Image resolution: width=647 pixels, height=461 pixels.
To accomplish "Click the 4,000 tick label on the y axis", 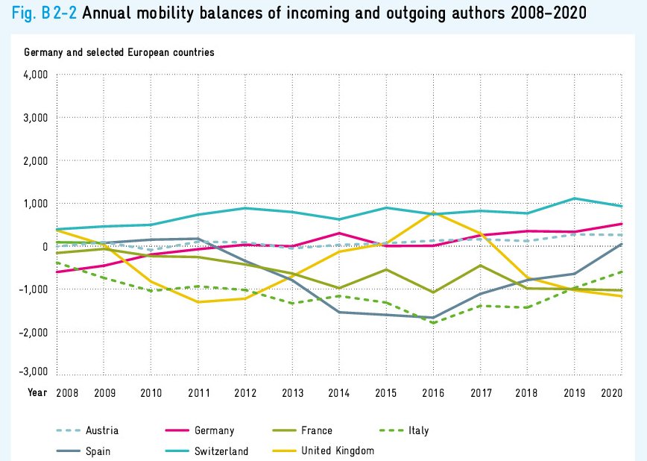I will [36, 75].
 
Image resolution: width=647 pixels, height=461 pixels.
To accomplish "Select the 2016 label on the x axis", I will [432, 392].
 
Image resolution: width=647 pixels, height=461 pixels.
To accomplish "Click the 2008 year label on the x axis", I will [67, 392].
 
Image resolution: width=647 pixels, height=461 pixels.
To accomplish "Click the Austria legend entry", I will [102, 430].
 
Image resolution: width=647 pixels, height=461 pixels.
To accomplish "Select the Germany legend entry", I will [214, 430].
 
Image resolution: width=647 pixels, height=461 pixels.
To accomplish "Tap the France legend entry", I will [317, 430].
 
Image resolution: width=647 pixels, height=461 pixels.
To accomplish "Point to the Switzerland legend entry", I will [221, 451].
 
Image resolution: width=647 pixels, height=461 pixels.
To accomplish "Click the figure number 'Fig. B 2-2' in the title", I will [44, 13].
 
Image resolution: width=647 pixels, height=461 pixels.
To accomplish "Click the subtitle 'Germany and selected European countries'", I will [119, 52].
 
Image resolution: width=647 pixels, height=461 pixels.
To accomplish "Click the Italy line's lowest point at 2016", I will [432, 323].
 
